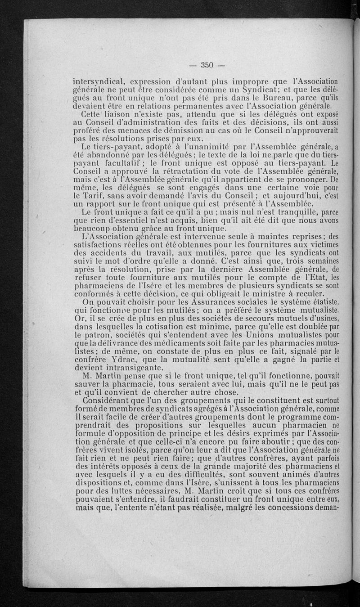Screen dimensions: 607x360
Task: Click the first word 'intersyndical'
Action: tap(99, 82)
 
